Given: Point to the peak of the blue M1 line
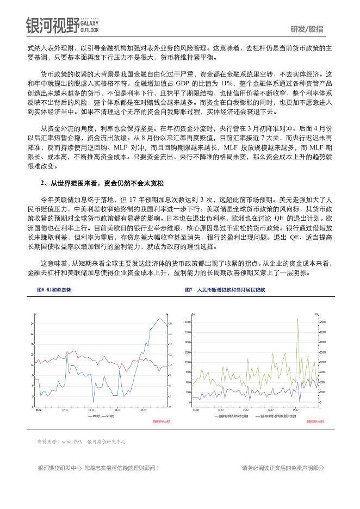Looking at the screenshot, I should [159, 318].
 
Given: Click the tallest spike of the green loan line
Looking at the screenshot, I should [298, 319].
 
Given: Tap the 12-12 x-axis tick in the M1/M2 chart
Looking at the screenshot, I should [65, 409].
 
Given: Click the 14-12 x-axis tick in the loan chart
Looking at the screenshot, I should [271, 409].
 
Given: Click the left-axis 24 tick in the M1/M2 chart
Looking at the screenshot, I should [33, 324].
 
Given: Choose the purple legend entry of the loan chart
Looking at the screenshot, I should [277, 415].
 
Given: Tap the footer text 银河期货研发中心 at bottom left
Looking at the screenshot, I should [59, 468].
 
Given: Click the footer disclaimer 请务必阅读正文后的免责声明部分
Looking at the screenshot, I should [283, 468].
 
